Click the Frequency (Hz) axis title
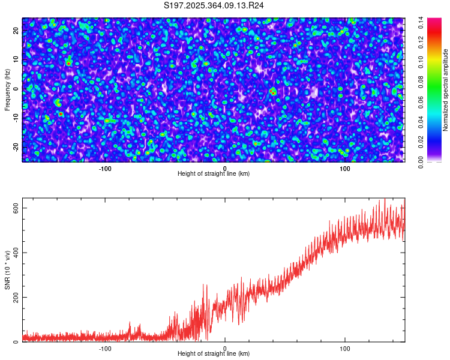(x=7, y=90)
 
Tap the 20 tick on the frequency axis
(x=16, y=30)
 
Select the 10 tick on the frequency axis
(x=16, y=59)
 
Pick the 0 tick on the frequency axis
(x=16, y=89)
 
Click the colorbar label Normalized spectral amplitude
(x=446, y=90)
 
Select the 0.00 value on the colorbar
(x=422, y=162)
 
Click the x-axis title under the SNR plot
(x=214, y=354)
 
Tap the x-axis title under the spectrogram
(x=214, y=174)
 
